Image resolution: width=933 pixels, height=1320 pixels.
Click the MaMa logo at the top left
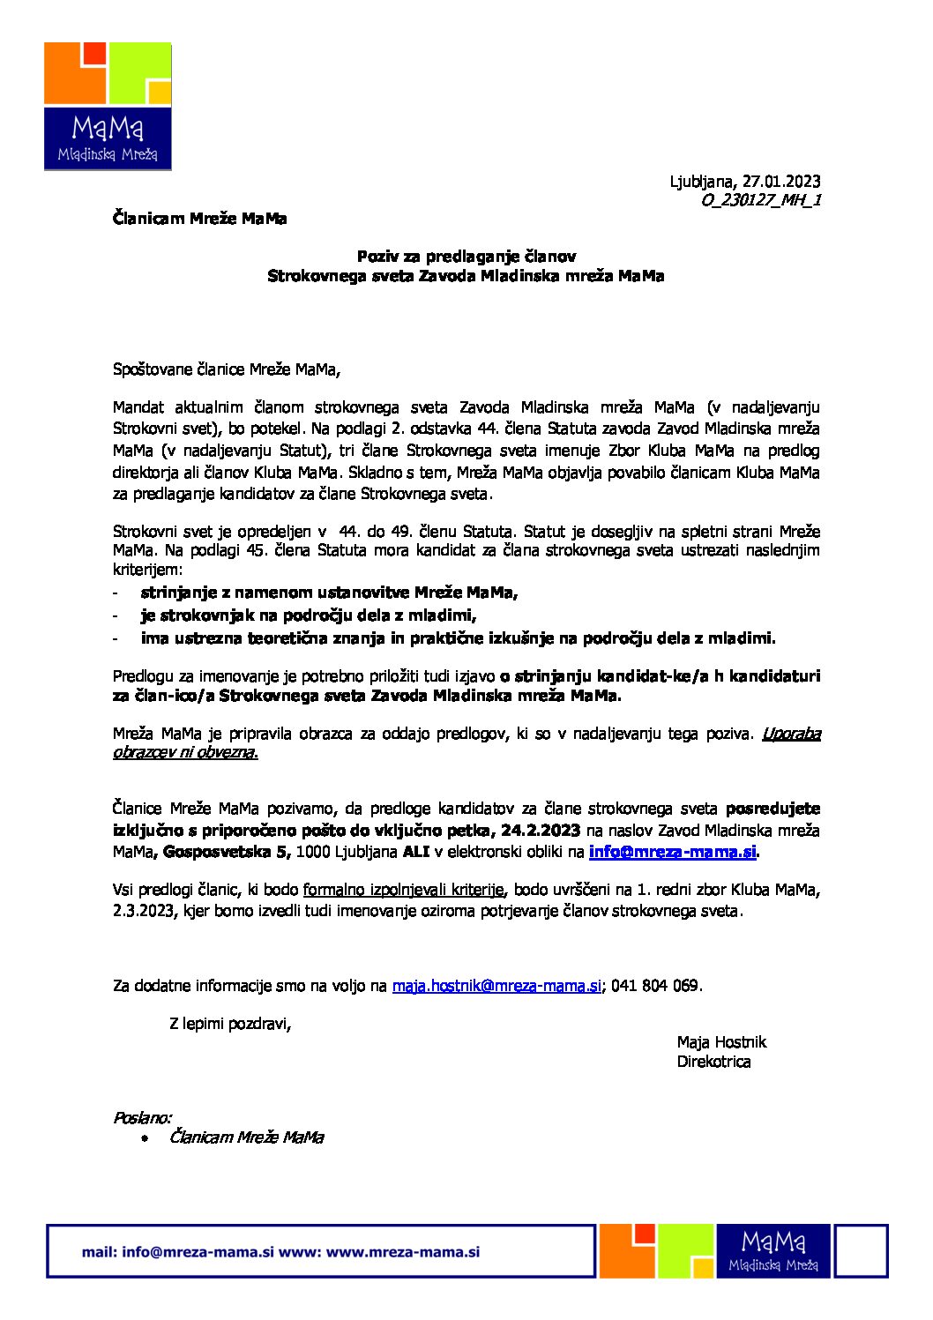tap(108, 106)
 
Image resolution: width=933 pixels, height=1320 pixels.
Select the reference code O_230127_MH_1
tap(761, 200)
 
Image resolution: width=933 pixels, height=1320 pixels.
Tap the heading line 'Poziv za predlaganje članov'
tap(466, 257)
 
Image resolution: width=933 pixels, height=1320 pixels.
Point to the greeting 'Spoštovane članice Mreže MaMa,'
tap(226, 369)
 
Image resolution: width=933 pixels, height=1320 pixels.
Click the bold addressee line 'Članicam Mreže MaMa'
tap(199, 218)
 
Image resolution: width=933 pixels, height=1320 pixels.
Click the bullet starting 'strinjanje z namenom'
tap(329, 593)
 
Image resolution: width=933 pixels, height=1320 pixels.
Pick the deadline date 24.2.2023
tap(540, 830)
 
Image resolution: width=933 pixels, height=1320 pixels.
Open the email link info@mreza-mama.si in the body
tap(672, 852)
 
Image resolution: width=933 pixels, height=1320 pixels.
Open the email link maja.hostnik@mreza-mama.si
tap(496, 986)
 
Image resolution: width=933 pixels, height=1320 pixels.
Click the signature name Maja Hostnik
tap(721, 1042)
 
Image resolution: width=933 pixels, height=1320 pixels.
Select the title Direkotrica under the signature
tap(713, 1062)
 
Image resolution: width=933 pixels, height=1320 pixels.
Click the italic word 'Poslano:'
tap(142, 1118)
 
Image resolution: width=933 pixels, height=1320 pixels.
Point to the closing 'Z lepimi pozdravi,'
tap(230, 1024)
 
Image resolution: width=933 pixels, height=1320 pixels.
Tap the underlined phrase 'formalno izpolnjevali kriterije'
tap(404, 890)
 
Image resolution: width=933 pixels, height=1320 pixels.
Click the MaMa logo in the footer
tap(773, 1250)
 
